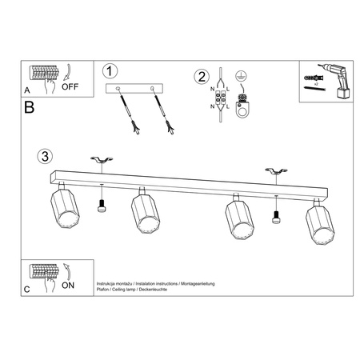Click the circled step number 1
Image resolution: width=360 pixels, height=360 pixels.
click(111, 70)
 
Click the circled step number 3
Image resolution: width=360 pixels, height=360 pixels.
click(46, 154)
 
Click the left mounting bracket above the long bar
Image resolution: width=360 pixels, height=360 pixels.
click(101, 163)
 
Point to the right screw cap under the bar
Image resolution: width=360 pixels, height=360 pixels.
click(277, 214)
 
